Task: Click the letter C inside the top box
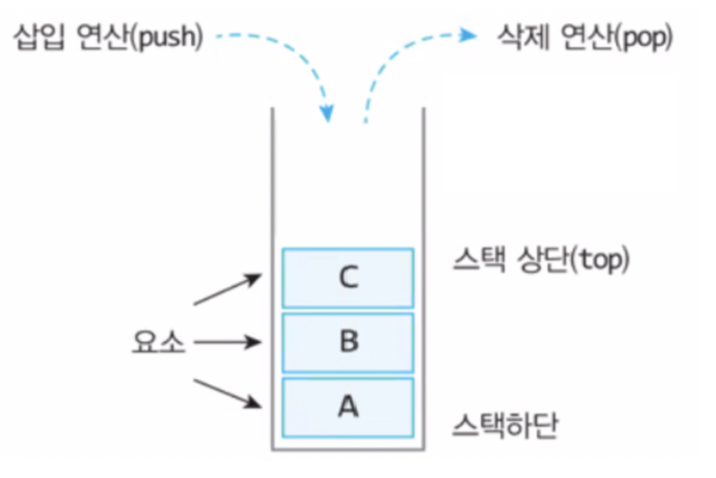(x=348, y=277)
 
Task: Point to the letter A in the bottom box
(x=348, y=407)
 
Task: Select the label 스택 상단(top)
(x=541, y=261)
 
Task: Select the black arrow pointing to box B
(x=226, y=343)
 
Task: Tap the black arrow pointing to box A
(x=228, y=393)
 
